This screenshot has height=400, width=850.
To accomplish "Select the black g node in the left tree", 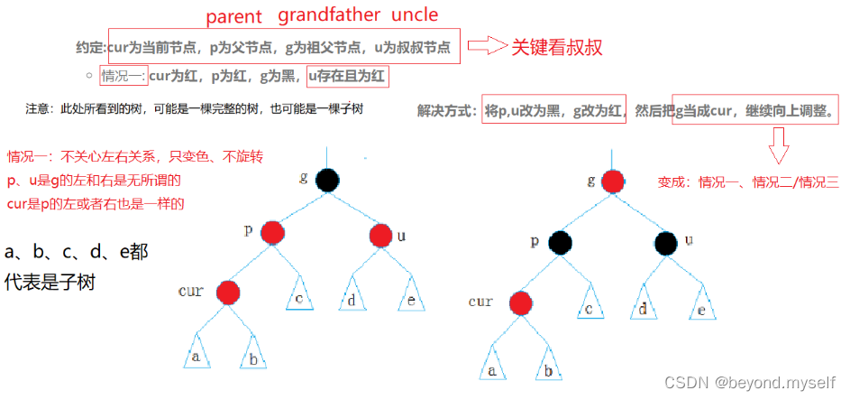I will click(x=327, y=180).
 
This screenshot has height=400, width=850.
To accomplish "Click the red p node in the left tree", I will click(x=272, y=234).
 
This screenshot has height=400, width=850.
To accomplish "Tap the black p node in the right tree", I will click(x=561, y=242).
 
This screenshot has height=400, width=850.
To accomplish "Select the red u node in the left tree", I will click(x=381, y=237).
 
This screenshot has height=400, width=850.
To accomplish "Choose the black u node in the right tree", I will click(x=666, y=242).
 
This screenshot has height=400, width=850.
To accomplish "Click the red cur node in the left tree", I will click(x=228, y=292).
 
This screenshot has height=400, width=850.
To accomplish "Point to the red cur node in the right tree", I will click(x=518, y=303).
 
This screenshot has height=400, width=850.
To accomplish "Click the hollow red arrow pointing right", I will click(x=488, y=46).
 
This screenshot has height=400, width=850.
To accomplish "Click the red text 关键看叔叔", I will click(x=558, y=47).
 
